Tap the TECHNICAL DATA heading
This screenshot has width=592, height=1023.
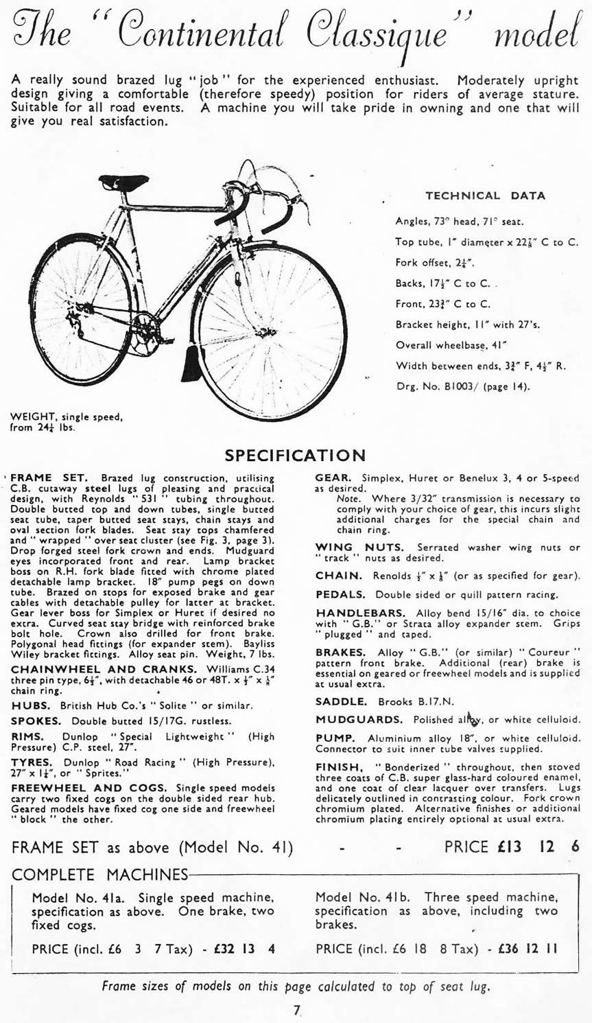pyautogui.click(x=485, y=196)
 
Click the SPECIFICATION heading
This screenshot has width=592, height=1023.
pyautogui.click(x=296, y=455)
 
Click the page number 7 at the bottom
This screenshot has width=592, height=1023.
pyautogui.click(x=296, y=1009)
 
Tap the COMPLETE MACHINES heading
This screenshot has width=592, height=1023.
pyautogui.click(x=99, y=874)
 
